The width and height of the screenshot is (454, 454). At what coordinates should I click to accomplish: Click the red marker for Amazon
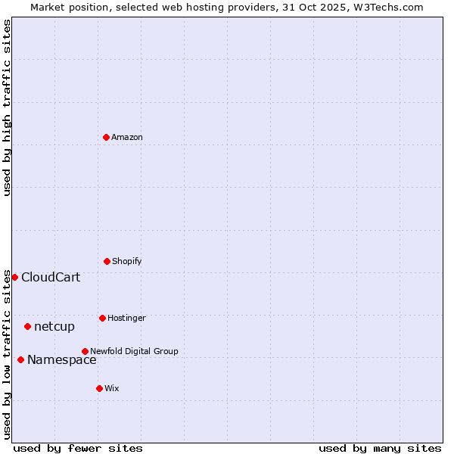tap(106, 137)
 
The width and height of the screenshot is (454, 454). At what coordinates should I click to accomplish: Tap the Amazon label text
tap(127, 138)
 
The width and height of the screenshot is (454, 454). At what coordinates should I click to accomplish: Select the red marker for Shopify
tap(107, 261)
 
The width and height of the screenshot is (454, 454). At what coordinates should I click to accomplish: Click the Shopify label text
tap(127, 262)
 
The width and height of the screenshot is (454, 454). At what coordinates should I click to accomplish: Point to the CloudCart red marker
tap(14, 277)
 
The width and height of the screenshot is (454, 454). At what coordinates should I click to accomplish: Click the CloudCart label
tap(51, 278)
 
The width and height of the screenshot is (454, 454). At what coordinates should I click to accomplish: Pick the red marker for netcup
tap(27, 326)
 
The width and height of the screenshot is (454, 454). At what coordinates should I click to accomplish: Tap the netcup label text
tap(54, 327)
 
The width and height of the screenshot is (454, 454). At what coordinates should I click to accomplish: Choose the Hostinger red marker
tap(102, 318)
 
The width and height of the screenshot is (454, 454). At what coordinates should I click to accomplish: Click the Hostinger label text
tap(126, 319)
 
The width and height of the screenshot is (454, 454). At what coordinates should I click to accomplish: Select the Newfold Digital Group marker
tap(85, 351)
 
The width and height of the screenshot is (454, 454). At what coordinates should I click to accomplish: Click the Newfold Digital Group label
tap(134, 351)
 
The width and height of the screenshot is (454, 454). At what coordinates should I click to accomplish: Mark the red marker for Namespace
tap(20, 359)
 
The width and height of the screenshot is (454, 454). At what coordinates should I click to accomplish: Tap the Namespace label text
tap(62, 360)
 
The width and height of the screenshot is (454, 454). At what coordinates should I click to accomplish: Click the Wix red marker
tap(99, 388)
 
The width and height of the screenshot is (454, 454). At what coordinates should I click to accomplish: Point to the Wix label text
tap(112, 389)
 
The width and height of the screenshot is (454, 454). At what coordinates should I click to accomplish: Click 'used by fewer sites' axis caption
tap(78, 449)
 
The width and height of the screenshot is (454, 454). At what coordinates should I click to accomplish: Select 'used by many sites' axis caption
tap(380, 449)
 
